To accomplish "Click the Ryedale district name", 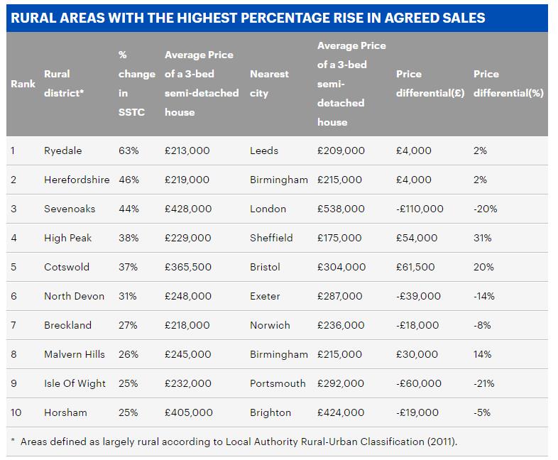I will pos(62,150).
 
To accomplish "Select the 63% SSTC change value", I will pos(128,150).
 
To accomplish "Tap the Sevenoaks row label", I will pos(69,209).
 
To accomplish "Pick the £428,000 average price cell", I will pos(188,209).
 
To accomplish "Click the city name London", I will pos(268,209).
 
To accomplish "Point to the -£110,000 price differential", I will pos(420,209).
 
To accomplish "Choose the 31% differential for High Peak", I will pos(482,238).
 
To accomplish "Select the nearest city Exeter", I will pos(265,296).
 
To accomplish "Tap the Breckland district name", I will pos(67,325).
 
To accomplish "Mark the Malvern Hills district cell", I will pos(74,354).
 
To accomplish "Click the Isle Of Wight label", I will pos(75,383).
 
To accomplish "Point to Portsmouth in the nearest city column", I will pos(278,383).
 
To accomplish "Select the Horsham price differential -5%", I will pos(483,412).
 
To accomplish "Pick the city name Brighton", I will pos(270,412).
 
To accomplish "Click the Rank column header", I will pos(23,84).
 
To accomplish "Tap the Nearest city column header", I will pos(269,84).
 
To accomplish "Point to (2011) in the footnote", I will pos(442,442).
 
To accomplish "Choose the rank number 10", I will pos(16,412).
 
